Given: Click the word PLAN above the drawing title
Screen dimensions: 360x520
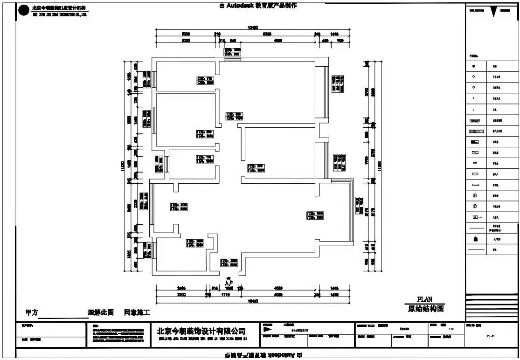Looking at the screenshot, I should click(x=424, y=299).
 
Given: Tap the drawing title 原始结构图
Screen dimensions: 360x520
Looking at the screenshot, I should click(x=424, y=308).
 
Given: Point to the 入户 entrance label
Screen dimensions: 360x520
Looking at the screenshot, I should click(x=228, y=283).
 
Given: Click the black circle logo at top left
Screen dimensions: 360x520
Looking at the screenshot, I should click(x=23, y=11).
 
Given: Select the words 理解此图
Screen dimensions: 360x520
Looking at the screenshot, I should click(x=100, y=312).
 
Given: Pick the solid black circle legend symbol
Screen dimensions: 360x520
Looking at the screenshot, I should click(x=473, y=66).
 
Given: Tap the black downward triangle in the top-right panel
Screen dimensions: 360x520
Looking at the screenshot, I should click(x=493, y=13).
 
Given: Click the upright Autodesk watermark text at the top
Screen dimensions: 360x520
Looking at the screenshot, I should click(x=257, y=6).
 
